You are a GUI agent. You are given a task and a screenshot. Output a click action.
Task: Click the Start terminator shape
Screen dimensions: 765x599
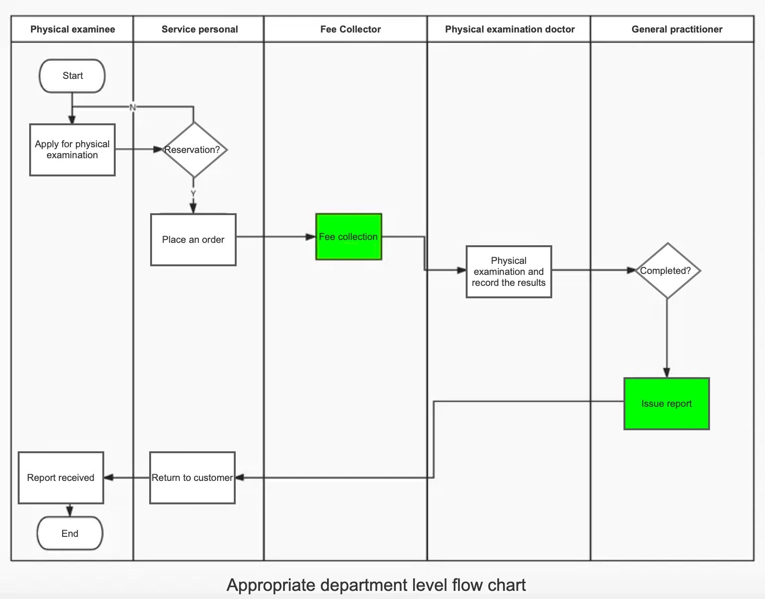click(72, 76)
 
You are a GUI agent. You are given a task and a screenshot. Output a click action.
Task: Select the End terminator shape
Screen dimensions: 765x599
click(70, 533)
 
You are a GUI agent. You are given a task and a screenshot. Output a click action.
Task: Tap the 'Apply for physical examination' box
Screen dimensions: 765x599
click(73, 150)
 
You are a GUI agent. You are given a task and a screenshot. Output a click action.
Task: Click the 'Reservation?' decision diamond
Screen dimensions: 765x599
click(194, 150)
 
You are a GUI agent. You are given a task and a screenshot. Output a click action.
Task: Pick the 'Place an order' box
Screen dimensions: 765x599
click(193, 240)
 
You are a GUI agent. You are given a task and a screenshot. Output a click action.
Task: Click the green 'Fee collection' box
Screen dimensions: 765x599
click(349, 237)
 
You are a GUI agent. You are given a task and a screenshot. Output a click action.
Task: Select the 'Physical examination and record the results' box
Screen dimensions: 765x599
click(509, 272)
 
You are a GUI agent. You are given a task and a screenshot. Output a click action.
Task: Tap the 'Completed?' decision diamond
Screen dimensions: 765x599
click(667, 271)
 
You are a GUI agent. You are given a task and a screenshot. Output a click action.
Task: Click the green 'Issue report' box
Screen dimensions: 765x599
click(667, 403)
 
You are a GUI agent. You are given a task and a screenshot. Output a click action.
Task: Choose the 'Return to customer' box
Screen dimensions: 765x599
click(192, 478)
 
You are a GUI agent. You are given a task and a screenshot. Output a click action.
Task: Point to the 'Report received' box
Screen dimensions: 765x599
click(61, 478)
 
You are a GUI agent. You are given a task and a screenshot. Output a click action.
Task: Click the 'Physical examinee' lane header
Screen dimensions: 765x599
click(73, 29)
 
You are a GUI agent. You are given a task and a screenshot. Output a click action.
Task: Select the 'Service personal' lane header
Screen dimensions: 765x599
click(199, 29)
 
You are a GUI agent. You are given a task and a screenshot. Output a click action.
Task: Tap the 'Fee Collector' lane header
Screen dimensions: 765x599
click(350, 29)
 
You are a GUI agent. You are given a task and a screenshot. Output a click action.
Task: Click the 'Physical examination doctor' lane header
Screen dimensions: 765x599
click(510, 29)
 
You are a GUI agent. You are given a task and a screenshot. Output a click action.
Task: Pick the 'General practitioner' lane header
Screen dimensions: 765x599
click(677, 29)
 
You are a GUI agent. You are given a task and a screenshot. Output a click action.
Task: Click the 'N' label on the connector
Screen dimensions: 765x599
click(133, 108)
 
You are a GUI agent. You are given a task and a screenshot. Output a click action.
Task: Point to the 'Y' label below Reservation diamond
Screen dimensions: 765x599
click(193, 193)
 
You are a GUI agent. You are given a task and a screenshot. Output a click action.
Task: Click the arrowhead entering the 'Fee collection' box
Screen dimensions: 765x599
click(310, 237)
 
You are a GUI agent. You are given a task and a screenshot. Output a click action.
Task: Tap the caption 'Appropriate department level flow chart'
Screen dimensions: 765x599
click(376, 585)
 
